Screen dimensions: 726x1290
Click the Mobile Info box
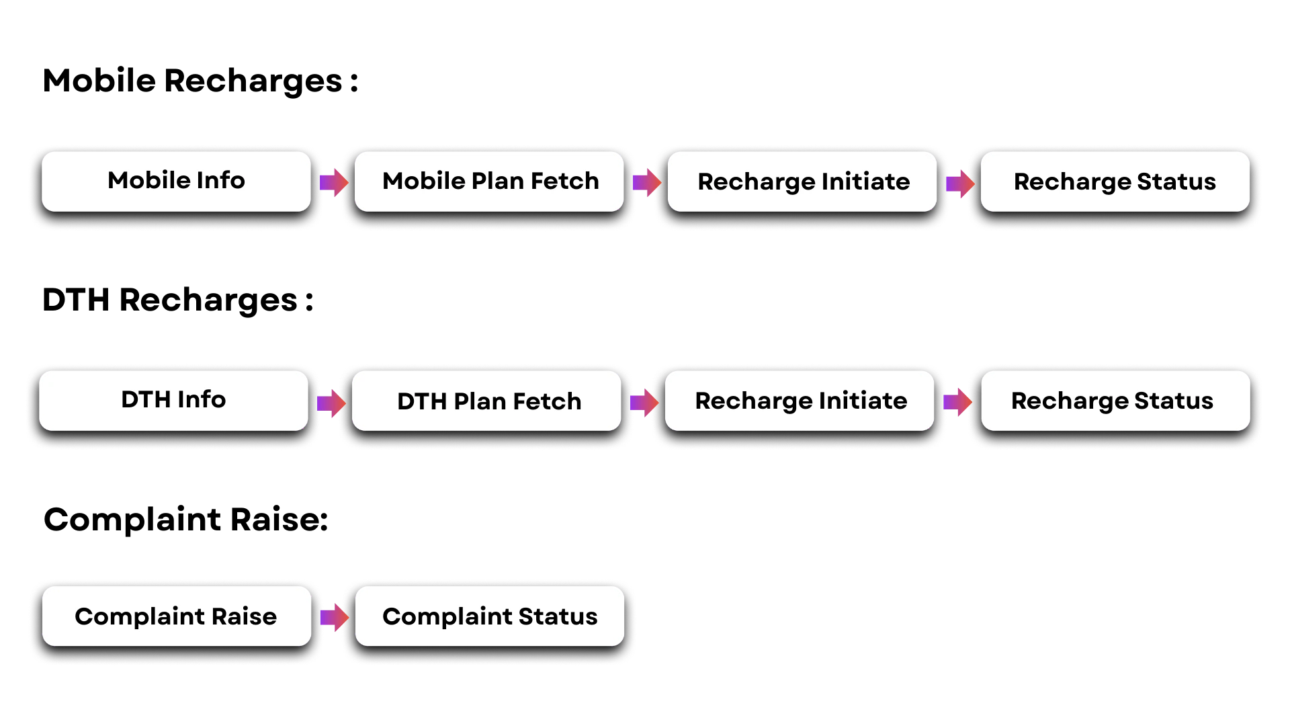tap(177, 183)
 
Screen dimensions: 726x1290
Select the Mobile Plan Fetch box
tap(489, 182)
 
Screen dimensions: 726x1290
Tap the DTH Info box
tap(173, 401)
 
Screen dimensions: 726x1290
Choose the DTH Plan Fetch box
tap(486, 401)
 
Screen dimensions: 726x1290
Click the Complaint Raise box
tap(177, 616)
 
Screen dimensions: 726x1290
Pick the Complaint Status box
tap(489, 616)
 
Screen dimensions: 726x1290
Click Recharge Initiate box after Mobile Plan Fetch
tap(802, 182)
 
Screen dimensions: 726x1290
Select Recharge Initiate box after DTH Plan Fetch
tap(800, 401)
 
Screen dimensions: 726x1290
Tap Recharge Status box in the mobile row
tap(1115, 182)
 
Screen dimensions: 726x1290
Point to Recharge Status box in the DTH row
tap(1113, 401)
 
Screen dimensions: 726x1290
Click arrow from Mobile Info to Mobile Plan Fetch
tap(334, 182)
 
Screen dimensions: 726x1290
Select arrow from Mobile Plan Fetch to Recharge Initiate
tap(647, 182)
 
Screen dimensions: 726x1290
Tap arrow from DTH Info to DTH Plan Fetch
tap(331, 403)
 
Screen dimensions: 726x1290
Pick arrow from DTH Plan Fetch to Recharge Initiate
tap(644, 403)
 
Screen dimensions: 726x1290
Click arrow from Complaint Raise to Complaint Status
tap(334, 618)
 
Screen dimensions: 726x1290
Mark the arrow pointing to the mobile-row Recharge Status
tap(960, 183)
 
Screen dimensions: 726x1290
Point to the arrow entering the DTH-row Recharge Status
tap(957, 403)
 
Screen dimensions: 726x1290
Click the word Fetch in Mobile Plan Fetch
tap(564, 181)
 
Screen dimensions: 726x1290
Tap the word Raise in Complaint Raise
tap(244, 616)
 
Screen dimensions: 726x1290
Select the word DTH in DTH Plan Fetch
tap(422, 401)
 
